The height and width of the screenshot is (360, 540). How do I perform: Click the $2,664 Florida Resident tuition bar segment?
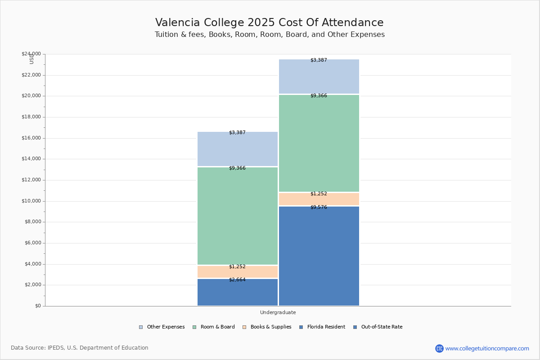click(237, 292)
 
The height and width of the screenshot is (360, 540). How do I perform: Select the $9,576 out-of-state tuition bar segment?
click(319, 256)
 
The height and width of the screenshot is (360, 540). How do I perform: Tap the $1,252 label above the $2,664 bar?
click(237, 267)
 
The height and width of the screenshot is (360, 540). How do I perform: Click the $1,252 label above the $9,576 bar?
click(319, 194)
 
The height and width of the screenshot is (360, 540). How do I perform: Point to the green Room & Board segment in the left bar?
click(237, 216)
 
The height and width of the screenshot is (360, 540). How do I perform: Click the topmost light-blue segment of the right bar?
click(319, 76)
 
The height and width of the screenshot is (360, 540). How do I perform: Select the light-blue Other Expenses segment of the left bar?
click(237, 149)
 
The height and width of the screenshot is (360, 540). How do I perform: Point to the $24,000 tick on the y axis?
click(31, 54)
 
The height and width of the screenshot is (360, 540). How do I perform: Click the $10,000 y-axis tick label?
click(31, 201)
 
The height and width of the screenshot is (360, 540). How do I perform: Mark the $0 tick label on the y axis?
click(37, 306)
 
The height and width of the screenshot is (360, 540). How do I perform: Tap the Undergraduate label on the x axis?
click(278, 312)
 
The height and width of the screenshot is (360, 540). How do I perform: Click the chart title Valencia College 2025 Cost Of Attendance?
click(269, 23)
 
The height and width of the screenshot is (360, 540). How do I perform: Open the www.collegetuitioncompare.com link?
click(486, 348)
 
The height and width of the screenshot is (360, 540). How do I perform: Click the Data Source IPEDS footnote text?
click(80, 348)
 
